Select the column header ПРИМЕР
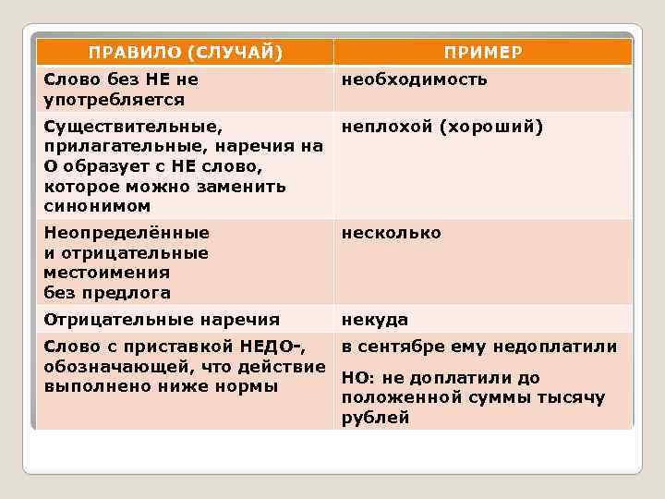(482, 52)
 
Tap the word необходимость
(415, 79)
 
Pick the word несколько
(392, 233)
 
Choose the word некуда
(375, 320)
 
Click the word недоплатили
(555, 347)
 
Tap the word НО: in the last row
(357, 378)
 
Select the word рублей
(375, 418)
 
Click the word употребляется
(114, 99)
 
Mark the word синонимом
(97, 207)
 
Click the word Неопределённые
(127, 233)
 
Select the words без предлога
(107, 293)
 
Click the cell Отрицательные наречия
(162, 320)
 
